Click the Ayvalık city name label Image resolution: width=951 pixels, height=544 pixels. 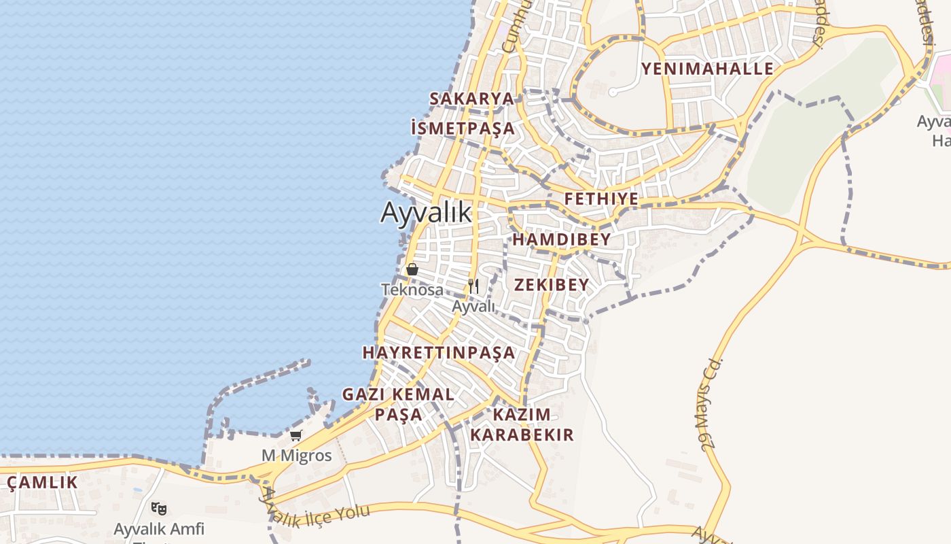[426, 213]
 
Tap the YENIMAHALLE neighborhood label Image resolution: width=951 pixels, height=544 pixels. [707, 69]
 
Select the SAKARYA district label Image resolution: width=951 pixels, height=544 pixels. [471, 99]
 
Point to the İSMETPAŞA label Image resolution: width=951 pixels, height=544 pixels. [463, 128]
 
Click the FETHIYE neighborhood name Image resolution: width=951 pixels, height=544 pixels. [602, 199]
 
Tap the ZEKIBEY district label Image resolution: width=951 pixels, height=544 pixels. [552, 285]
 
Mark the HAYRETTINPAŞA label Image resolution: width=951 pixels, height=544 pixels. [439, 353]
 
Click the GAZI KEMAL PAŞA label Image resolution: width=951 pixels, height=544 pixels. [398, 404]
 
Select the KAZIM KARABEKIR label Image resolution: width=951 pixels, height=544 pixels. [522, 424]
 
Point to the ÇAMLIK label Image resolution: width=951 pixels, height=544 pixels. [42, 483]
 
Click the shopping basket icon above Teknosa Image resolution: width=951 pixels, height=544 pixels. [412, 269]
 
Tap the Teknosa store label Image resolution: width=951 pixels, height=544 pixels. [412, 290]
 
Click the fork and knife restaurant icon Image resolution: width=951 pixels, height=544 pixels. [473, 286]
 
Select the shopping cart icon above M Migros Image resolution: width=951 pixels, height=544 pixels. [295, 436]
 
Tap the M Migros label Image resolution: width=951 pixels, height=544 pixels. [297, 456]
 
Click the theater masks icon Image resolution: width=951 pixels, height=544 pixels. [159, 508]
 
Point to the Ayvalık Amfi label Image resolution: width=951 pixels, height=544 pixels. [158, 529]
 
